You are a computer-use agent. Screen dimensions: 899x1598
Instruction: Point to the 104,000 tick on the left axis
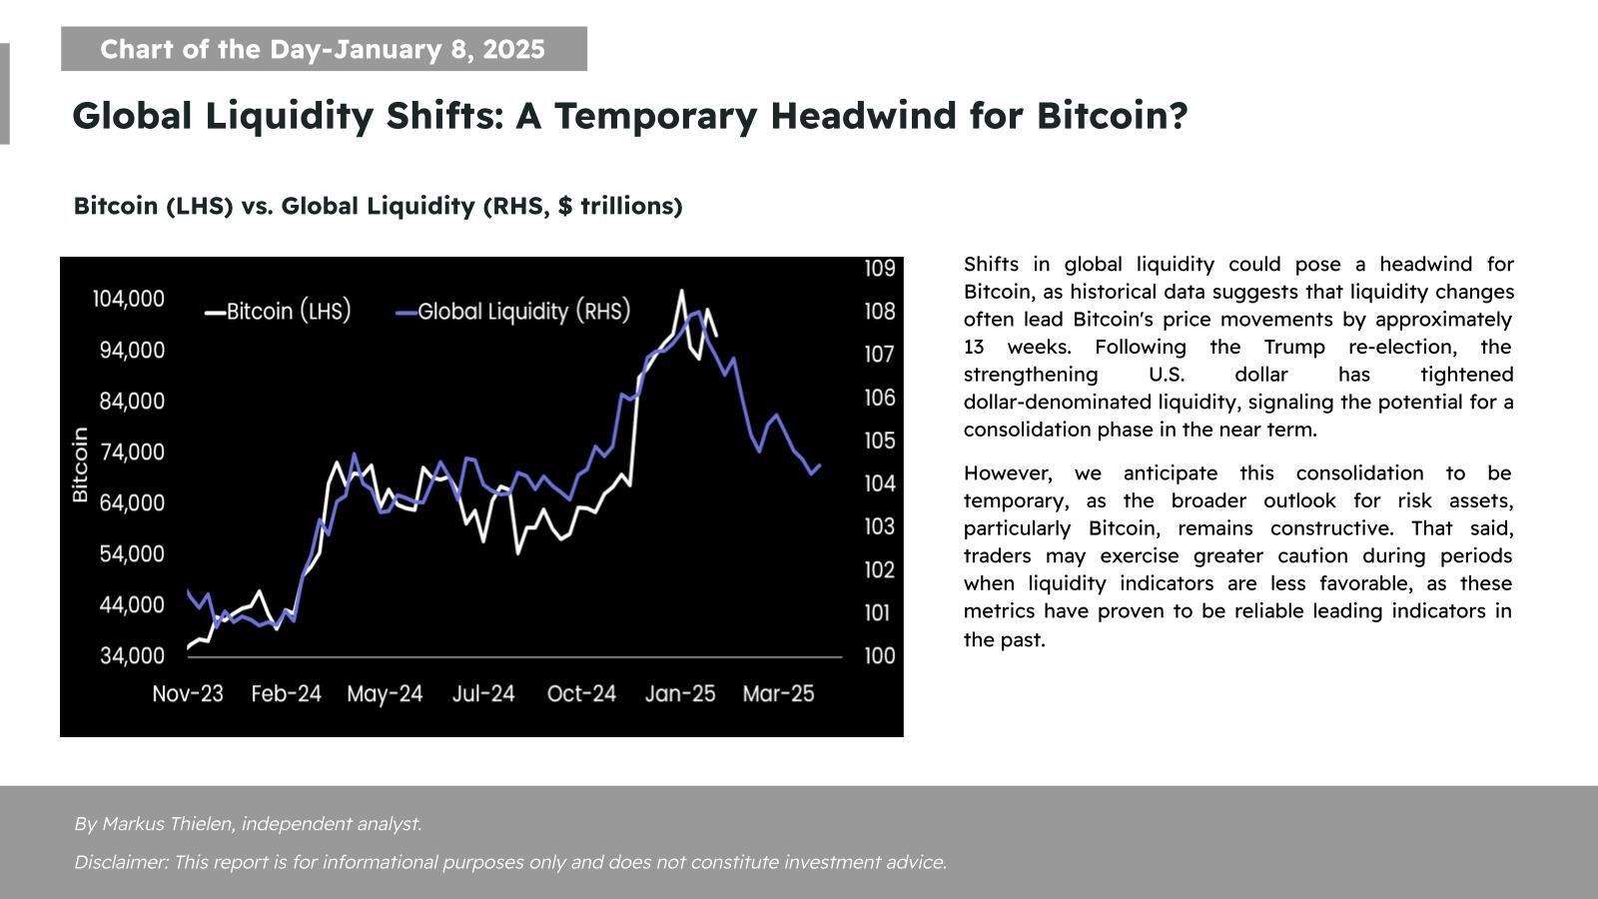129,299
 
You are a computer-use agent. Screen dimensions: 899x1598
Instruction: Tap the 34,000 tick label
132,655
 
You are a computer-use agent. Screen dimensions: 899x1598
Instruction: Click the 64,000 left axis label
132,502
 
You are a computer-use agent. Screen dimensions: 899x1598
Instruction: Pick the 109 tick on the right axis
880,268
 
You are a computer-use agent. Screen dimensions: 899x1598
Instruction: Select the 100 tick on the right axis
880,656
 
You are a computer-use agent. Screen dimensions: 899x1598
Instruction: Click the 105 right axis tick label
880,441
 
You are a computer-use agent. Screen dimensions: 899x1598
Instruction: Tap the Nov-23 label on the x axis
188,693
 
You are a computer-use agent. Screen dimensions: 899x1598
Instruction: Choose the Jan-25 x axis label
680,693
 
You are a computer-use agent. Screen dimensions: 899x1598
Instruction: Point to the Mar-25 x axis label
778,693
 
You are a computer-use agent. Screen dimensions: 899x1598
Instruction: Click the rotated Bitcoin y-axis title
81,464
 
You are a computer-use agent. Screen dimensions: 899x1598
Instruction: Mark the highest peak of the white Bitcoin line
681,291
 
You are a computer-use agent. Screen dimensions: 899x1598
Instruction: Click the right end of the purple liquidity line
820,464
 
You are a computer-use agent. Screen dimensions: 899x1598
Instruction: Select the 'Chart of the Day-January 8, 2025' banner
324,49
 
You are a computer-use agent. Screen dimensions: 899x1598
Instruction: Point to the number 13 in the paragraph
974,347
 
